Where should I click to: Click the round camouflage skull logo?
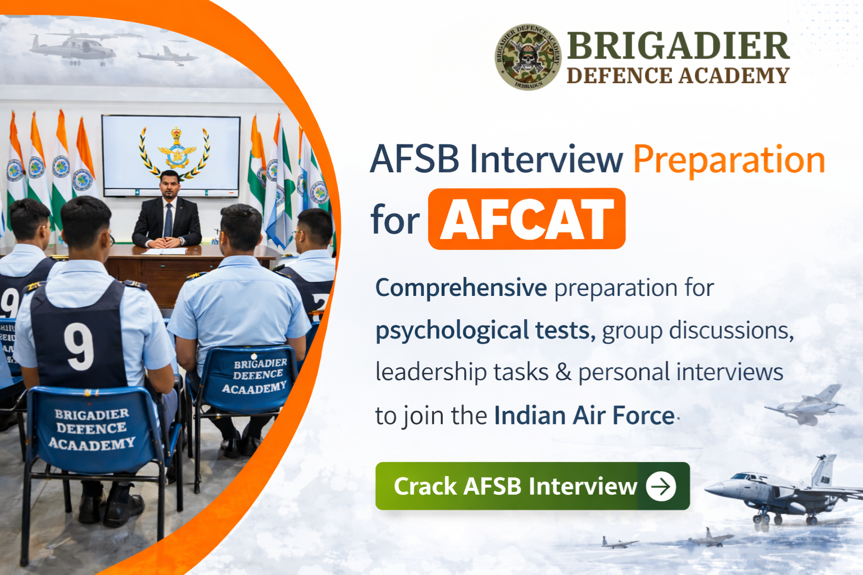[x=528, y=57]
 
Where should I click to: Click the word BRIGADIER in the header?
[x=678, y=46]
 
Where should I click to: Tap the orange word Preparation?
[x=729, y=159]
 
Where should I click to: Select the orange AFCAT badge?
[x=526, y=219]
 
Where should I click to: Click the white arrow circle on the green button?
[x=661, y=486]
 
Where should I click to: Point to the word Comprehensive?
[x=461, y=288]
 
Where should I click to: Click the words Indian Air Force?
[x=584, y=416]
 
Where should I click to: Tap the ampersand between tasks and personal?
[x=563, y=372]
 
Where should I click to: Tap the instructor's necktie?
[x=168, y=220]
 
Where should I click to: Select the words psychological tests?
[x=485, y=331]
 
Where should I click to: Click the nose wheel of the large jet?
[x=757, y=520]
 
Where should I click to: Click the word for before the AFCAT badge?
[x=395, y=220]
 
